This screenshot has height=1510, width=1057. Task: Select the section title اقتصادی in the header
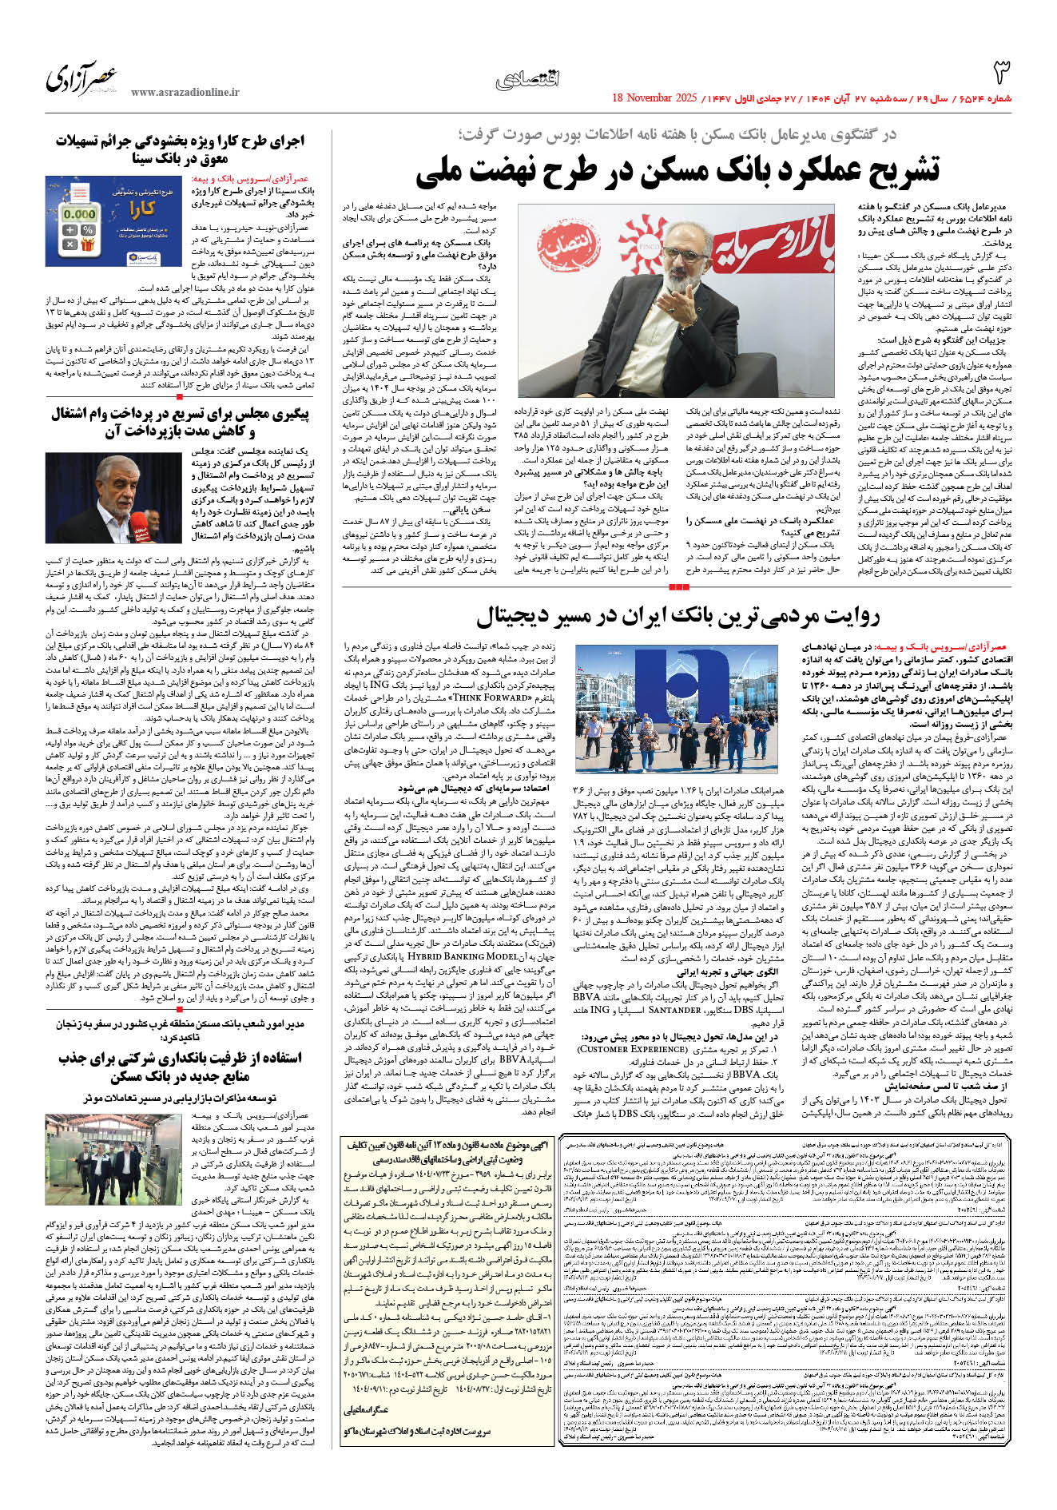528,78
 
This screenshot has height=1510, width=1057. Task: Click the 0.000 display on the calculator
79,214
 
